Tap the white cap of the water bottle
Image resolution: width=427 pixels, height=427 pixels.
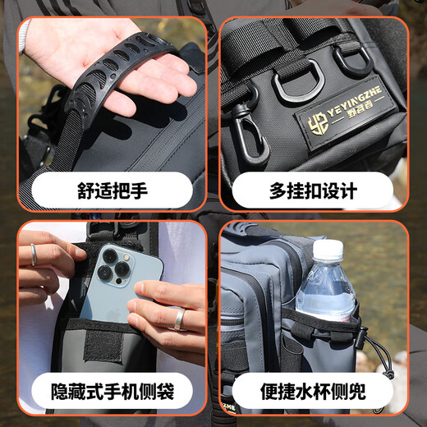(327, 249)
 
